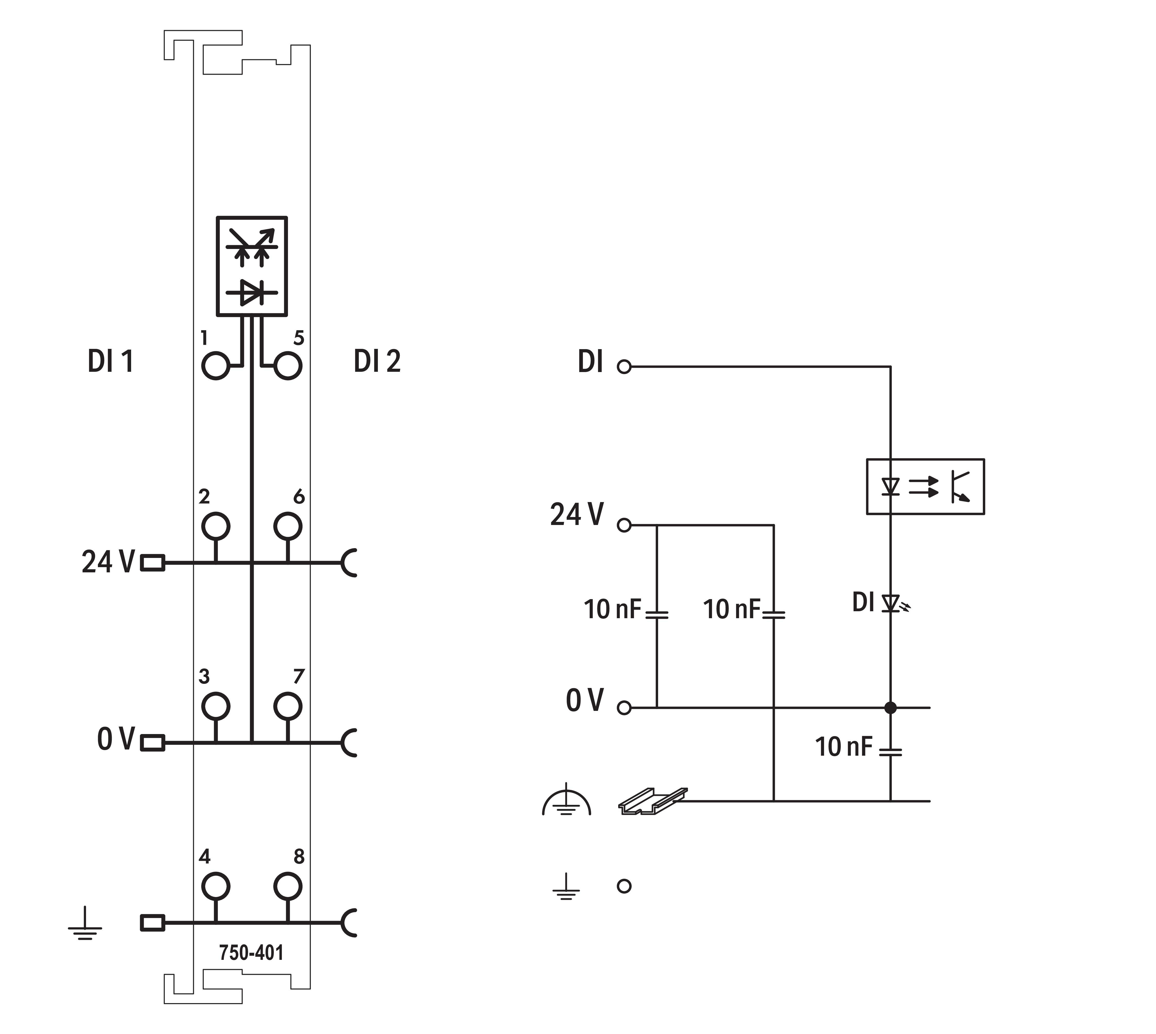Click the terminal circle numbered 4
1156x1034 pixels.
(215, 886)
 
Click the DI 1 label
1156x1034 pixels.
(110, 361)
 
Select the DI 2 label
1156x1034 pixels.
(377, 361)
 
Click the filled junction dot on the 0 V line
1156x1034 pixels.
(891, 708)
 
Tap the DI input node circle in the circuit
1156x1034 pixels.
(624, 367)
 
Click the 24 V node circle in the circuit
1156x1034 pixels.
(624, 525)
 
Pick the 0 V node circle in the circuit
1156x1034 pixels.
(624, 708)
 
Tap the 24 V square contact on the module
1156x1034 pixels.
(152, 563)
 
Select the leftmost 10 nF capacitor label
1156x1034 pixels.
(612, 610)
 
